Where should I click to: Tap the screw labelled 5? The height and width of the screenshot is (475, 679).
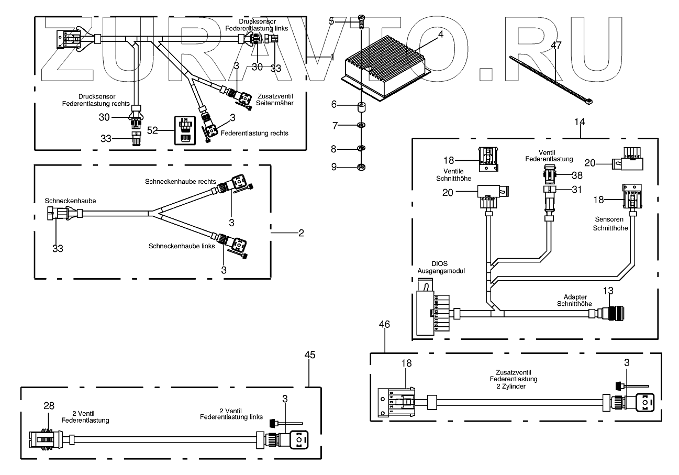pyautogui.click(x=361, y=20)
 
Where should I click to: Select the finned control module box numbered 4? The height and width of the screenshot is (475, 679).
pyautogui.click(x=385, y=65)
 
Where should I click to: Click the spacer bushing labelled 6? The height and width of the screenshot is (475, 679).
pyautogui.click(x=361, y=108)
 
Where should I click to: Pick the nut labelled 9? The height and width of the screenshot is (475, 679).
pyautogui.click(x=361, y=168)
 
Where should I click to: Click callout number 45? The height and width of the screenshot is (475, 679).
pyautogui.click(x=309, y=355)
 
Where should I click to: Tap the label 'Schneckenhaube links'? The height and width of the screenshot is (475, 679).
pyautogui.click(x=182, y=246)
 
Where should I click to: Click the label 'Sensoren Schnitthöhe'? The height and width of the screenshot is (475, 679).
pyautogui.click(x=605, y=224)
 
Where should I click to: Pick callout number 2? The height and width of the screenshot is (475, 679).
pyautogui.click(x=301, y=233)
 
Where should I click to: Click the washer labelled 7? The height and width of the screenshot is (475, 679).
pyautogui.click(x=361, y=126)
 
